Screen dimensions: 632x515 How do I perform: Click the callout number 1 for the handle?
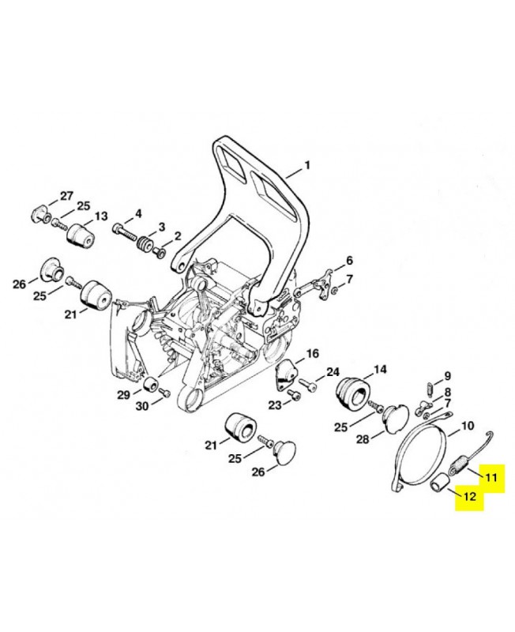pyautogui.click(x=308, y=166)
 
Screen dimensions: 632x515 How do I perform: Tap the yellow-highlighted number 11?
pyautogui.click(x=491, y=478)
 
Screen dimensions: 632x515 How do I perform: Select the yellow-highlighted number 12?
pyautogui.click(x=469, y=498)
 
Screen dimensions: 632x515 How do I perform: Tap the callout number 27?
pyautogui.click(x=66, y=196)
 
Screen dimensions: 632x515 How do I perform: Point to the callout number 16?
pyautogui.click(x=312, y=353)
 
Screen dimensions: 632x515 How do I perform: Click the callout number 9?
pyautogui.click(x=447, y=375)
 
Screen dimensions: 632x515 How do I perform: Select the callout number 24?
pyautogui.click(x=333, y=372)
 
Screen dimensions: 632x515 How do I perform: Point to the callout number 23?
pyautogui.click(x=274, y=405)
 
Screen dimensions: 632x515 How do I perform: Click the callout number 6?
pyautogui.click(x=349, y=261)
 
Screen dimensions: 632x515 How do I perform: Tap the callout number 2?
pyautogui.click(x=177, y=235)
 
